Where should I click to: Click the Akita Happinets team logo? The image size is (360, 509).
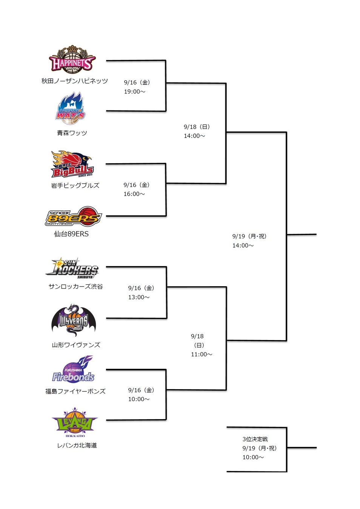(72, 60)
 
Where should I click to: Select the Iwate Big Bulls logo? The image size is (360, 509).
(72, 164)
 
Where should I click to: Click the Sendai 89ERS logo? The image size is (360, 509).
(73, 216)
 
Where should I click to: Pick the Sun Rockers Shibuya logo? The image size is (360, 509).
(72, 268)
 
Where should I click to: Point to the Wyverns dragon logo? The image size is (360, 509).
(74, 320)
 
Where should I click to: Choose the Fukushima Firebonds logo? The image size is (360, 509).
(73, 370)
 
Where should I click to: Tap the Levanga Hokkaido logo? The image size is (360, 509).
(75, 421)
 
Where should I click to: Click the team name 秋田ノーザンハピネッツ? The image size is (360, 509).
(75, 81)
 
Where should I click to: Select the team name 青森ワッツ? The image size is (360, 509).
(72, 133)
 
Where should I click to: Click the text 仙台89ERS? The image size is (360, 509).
(71, 234)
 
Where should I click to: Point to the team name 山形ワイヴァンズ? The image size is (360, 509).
(76, 345)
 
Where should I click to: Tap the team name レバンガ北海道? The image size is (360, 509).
(77, 446)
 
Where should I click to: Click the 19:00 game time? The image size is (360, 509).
(134, 92)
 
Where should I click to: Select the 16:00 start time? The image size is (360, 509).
(134, 194)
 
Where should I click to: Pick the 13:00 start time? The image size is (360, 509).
(138, 297)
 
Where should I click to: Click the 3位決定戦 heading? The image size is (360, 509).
(255, 439)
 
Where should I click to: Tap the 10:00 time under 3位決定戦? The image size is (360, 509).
(253, 457)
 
